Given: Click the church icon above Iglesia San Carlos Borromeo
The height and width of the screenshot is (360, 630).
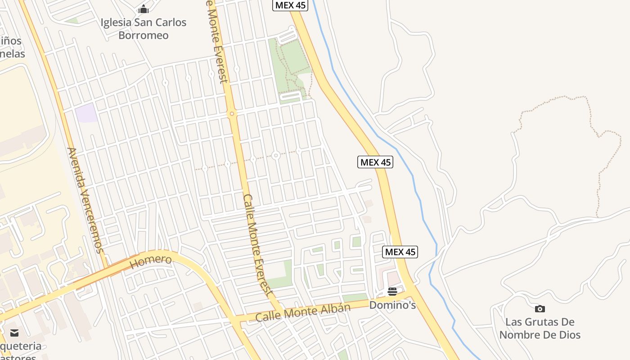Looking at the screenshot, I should coord(144,9).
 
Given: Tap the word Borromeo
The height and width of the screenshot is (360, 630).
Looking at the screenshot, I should coord(144,35).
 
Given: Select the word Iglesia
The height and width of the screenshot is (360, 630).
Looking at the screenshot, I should coord(116,22).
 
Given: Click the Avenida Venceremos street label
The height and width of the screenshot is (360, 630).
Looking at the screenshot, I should coord(85,200).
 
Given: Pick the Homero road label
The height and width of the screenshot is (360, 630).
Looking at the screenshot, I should coord(151,261).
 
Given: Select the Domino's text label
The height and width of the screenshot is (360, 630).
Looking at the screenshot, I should coord(392,305).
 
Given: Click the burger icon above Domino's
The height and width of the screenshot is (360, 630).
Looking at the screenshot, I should coord(392,292).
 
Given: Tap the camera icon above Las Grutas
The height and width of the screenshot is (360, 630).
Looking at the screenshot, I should coord(540,309).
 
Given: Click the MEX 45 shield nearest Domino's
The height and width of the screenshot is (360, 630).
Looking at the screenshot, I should coord(400,252).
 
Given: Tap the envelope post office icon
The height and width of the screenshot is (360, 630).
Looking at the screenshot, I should coord(14,333).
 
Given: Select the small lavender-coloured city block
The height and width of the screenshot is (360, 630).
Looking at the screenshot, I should coord(86,113).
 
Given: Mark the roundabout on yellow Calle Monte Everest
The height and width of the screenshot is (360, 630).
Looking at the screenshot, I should coord(232,114).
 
